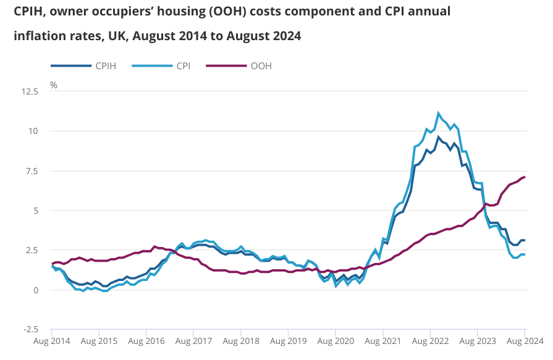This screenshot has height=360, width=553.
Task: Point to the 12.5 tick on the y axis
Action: click(30, 91)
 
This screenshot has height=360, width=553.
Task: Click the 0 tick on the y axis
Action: click(36, 290)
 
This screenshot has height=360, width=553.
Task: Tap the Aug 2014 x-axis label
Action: click(51, 340)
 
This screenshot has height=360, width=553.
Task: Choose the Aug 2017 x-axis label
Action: click(193, 340)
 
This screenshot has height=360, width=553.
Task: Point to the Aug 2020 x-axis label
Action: click(335, 340)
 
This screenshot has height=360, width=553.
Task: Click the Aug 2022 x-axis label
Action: click(429, 340)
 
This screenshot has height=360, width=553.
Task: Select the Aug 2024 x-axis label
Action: click(524, 340)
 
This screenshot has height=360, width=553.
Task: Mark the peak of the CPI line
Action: click(439, 113)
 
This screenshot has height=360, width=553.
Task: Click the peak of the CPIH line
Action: click(439, 137)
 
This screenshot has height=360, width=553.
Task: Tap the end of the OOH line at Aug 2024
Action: click(525, 177)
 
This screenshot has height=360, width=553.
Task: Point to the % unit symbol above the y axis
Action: click(54, 85)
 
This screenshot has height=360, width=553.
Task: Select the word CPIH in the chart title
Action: click(28, 12)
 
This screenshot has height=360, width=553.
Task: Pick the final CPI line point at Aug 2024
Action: click(525, 254)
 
